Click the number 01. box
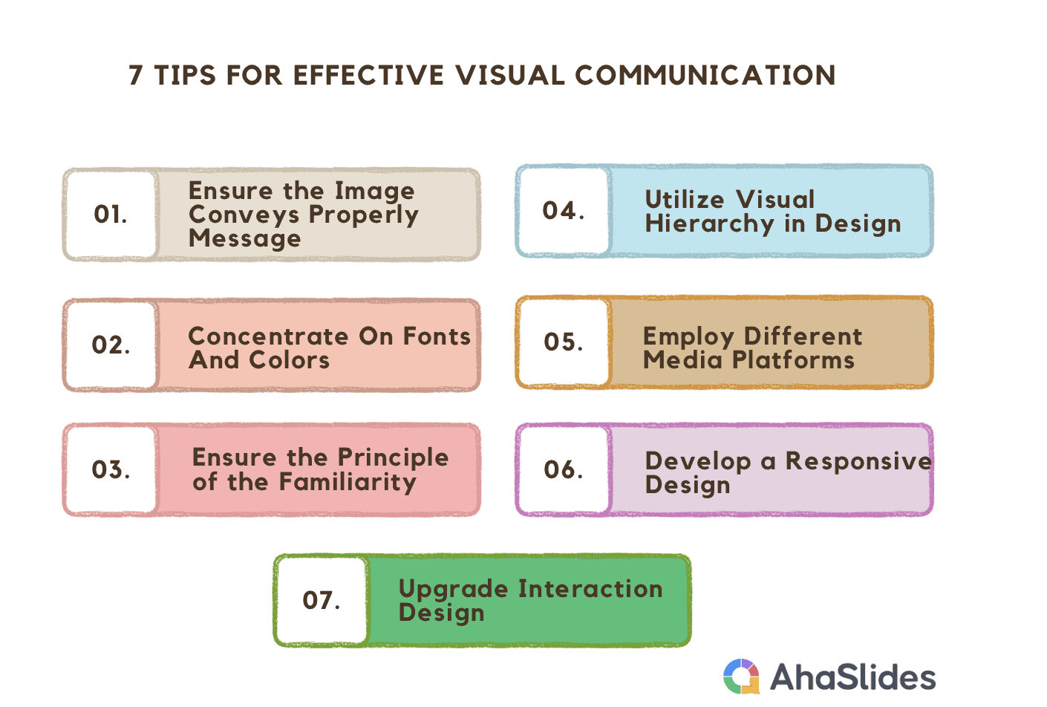111,215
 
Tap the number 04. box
564,211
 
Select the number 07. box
322,600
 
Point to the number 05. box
564,342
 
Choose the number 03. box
111,469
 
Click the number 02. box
111,345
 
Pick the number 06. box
564,469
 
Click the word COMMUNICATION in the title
705,75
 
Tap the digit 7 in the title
136,75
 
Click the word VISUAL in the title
510,75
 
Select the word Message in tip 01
244,238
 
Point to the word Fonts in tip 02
437,336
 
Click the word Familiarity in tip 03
348,482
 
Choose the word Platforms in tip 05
793,360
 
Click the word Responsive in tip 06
858,461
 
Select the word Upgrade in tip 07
453,589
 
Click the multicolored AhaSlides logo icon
741,677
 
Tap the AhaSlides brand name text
853,677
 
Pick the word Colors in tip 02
290,360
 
